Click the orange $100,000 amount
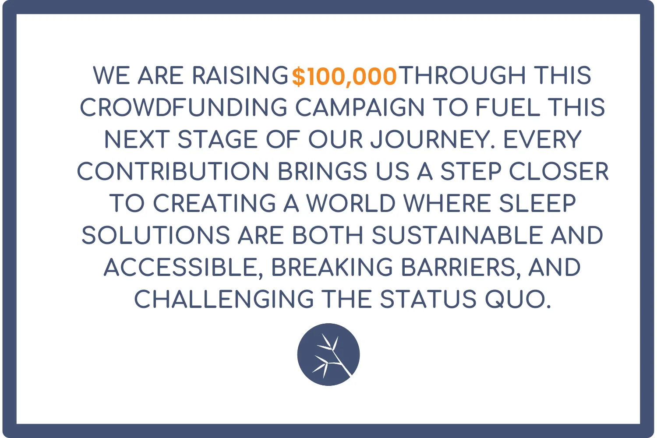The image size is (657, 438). [x=344, y=77]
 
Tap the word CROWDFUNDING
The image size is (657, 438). [x=184, y=107]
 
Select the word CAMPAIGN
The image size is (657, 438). [x=360, y=107]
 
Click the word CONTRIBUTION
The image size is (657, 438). [x=173, y=171]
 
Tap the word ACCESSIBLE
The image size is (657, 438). [x=184, y=267]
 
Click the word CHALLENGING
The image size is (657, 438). [x=224, y=299]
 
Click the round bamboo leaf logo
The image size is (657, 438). [x=328, y=354]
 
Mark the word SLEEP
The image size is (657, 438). [x=537, y=203]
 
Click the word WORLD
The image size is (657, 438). [x=351, y=203]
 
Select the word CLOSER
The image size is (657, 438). [x=559, y=171]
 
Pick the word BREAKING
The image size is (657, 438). [x=332, y=267]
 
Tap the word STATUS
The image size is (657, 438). [x=428, y=299]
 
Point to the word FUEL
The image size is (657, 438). [x=508, y=107]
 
